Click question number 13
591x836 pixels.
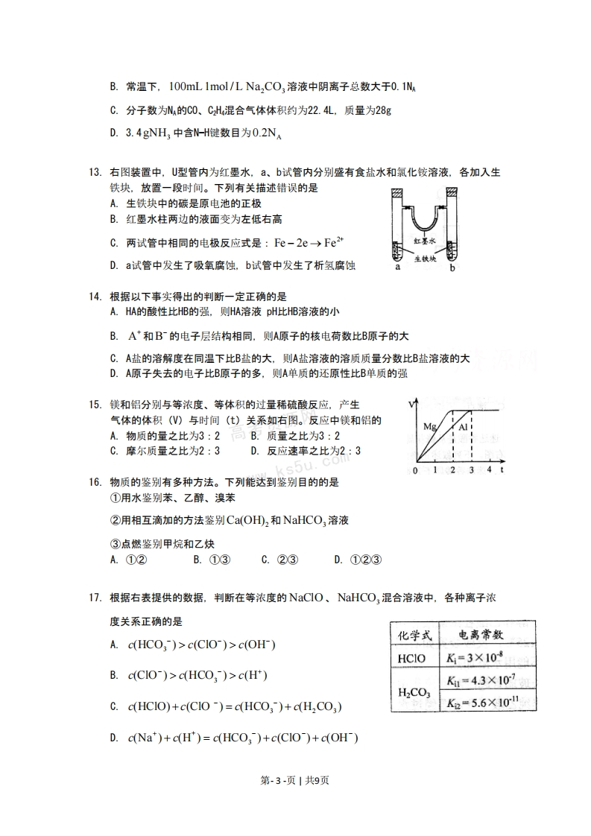[x=95, y=172]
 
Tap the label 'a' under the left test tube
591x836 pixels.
[x=399, y=267]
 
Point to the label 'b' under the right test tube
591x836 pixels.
[x=452, y=267]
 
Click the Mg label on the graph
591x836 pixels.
[x=430, y=427]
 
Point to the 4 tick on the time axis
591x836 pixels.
[x=489, y=471]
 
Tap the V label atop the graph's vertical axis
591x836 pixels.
[x=411, y=404]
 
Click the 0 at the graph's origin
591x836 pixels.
[x=415, y=471]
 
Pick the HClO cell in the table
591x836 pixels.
[x=412, y=658]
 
